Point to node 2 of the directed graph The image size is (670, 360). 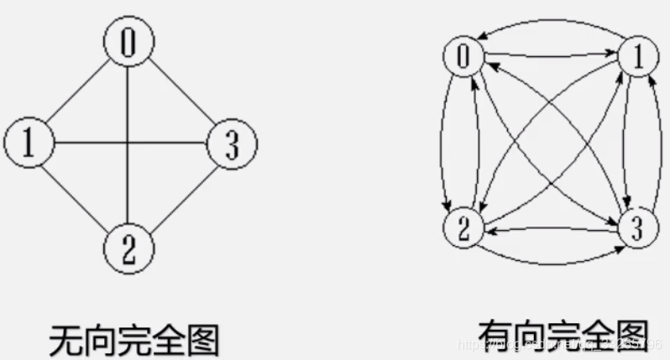pos(463,227)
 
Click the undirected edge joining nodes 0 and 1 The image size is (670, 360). pos(78,91)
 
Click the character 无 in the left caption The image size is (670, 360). pos(65,339)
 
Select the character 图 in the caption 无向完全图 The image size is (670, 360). pos(202,339)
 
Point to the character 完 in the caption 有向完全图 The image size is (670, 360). pos(563,336)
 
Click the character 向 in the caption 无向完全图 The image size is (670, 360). pos(99,339)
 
